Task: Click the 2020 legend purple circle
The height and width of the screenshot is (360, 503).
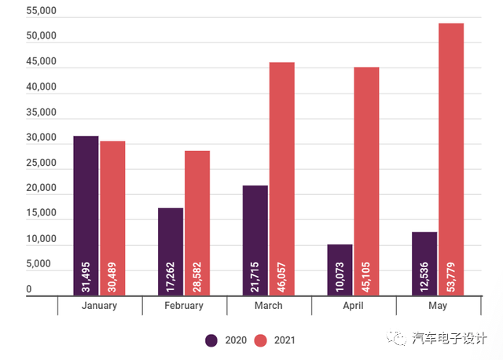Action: pos(212,340)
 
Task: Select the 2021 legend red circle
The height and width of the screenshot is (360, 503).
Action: pos(263,340)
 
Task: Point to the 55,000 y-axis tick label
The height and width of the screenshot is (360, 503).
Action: pos(41,12)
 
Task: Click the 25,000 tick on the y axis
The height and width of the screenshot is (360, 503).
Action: pos(41,163)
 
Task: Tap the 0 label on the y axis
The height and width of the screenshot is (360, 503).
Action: pos(29,290)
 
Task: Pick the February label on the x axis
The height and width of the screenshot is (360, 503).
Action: pos(185,306)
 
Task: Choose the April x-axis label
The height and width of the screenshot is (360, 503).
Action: pos(353,306)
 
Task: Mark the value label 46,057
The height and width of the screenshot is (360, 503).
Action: pos(281,273)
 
